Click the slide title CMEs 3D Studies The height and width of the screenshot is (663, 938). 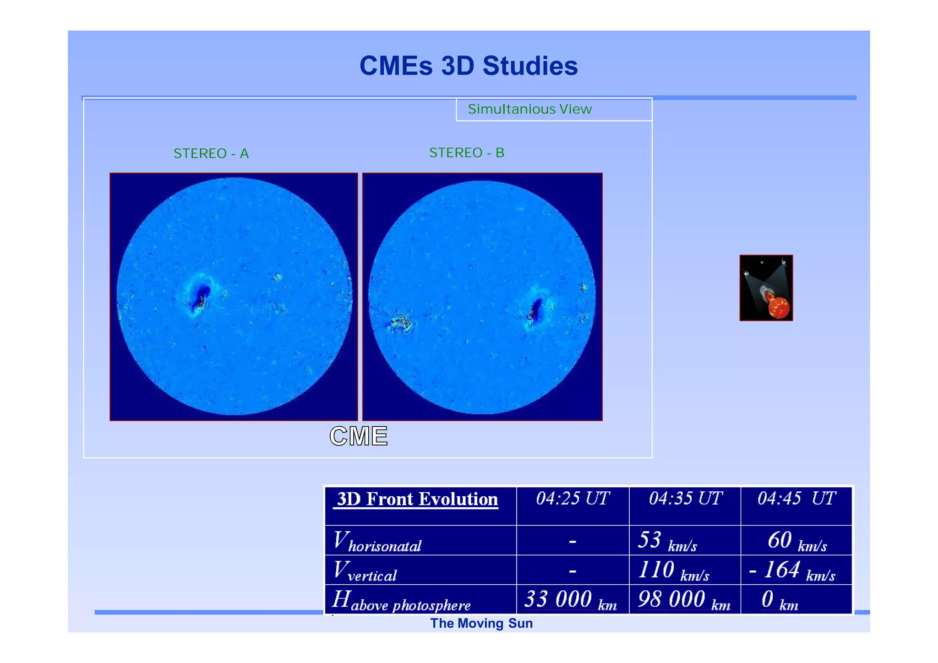pos(468,65)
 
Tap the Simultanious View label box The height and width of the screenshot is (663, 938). pos(553,109)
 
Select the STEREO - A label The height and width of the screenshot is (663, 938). pos(211,153)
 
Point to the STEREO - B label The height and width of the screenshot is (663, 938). pos(467,152)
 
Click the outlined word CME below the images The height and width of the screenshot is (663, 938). pos(359,436)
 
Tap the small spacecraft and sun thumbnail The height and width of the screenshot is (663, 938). pos(766,288)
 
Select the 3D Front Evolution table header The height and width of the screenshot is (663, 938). pos(418,499)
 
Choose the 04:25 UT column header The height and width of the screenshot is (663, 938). pos(573,498)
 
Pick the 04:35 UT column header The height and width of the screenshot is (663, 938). pos(685,498)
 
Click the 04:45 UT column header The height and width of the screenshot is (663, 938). pos(796,498)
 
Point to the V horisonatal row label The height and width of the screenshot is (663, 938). pos(377,541)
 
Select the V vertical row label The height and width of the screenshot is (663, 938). pos(365,571)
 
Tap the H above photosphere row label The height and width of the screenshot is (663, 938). pos(401,600)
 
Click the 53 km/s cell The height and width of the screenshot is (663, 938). pos(668,541)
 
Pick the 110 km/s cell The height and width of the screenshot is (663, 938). pos(674,571)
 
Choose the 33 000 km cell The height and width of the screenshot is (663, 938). pos(570,600)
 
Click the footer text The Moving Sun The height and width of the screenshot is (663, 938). pos(481,624)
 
